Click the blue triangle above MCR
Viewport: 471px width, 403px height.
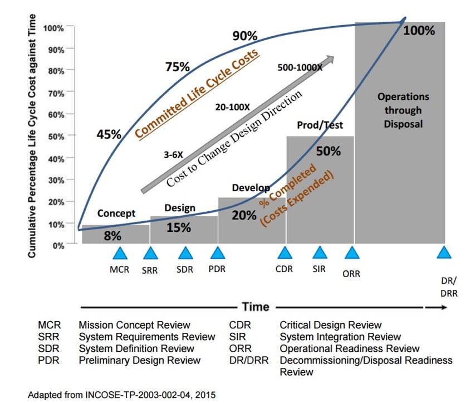(120, 254)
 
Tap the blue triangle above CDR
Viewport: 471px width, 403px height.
(285, 254)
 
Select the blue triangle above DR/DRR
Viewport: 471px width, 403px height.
(443, 254)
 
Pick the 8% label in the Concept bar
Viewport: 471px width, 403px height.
(112, 236)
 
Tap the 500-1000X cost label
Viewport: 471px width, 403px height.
(300, 68)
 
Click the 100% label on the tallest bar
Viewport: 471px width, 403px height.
(419, 31)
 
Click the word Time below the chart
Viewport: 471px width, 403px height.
(256, 307)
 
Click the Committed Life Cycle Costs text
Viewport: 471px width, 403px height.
(197, 93)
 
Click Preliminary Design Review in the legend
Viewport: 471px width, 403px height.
(139, 360)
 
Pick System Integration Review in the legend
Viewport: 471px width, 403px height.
(340, 337)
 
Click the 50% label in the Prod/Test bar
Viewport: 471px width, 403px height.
(328, 151)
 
